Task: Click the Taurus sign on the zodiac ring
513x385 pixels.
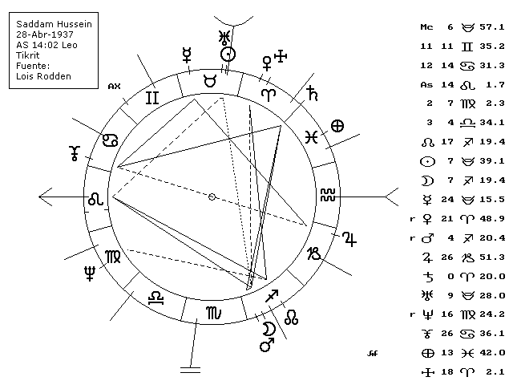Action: click(210, 81)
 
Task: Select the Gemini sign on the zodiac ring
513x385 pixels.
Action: click(151, 99)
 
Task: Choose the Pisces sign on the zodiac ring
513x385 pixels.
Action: click(313, 137)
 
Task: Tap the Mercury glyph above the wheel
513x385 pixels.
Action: click(188, 55)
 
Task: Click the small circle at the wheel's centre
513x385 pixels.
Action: click(212, 197)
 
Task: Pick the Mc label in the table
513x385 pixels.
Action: click(426, 27)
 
